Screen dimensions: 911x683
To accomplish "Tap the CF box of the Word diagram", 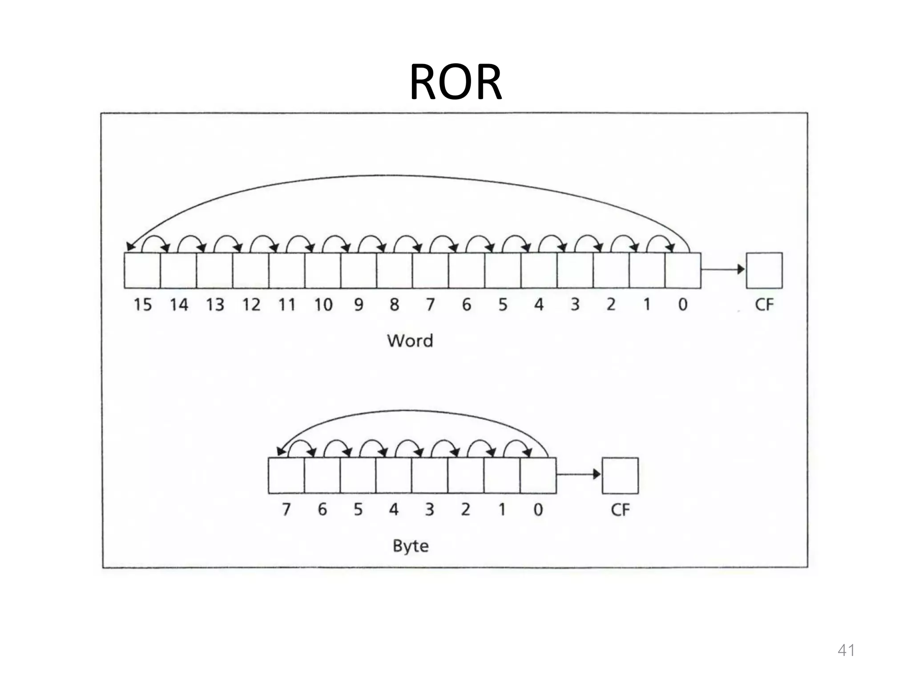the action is pyautogui.click(x=764, y=270).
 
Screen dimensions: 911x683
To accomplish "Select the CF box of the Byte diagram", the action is pyautogui.click(x=620, y=475).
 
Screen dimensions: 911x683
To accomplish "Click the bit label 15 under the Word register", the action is pyautogui.click(x=143, y=305).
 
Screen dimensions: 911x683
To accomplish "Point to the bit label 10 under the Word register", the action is pyautogui.click(x=323, y=305).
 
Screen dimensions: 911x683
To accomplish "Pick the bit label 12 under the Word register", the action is pyautogui.click(x=251, y=305).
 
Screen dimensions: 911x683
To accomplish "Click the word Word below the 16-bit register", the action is pyautogui.click(x=410, y=341).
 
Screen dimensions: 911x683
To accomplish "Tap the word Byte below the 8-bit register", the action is pyautogui.click(x=411, y=546).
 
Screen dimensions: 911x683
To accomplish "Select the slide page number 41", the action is pyautogui.click(x=846, y=650).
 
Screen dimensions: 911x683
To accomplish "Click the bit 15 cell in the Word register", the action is pyautogui.click(x=142, y=270).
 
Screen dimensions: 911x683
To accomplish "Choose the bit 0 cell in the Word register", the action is pyautogui.click(x=683, y=270).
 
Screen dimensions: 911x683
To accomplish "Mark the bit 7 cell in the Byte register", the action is pyautogui.click(x=286, y=475).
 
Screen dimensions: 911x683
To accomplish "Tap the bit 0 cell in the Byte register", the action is pyautogui.click(x=538, y=475).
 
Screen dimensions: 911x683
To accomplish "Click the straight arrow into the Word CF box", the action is pyautogui.click(x=723, y=269).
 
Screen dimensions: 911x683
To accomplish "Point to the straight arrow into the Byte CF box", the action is pyautogui.click(x=578, y=474).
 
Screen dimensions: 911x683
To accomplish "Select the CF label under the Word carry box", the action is pyautogui.click(x=764, y=305).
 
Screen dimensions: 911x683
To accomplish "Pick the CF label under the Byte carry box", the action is pyautogui.click(x=620, y=510).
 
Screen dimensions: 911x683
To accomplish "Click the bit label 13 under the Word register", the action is pyautogui.click(x=215, y=305).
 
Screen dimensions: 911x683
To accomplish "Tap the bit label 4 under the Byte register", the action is pyautogui.click(x=394, y=510).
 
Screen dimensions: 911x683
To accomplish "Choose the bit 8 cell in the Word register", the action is pyautogui.click(x=395, y=270).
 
